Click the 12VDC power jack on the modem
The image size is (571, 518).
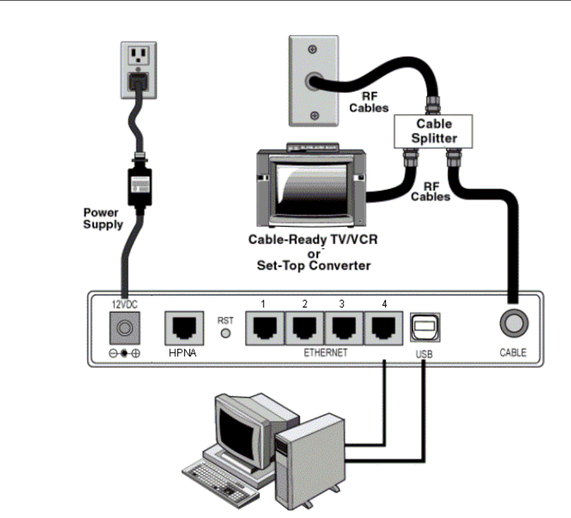click(x=125, y=328)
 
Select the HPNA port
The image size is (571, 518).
click(x=184, y=328)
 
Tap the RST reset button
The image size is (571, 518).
click(x=226, y=333)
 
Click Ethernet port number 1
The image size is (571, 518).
click(x=265, y=328)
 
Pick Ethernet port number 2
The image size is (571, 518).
click(x=305, y=328)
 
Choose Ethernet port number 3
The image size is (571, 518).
click(x=344, y=328)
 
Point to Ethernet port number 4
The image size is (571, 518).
click(x=383, y=328)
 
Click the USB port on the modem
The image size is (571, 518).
click(x=425, y=327)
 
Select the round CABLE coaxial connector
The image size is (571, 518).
click(x=514, y=323)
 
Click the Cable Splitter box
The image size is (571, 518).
click(x=433, y=131)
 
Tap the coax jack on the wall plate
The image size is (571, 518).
click(x=312, y=81)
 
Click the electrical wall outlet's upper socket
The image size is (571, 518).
click(x=138, y=56)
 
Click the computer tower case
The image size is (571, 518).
click(x=310, y=462)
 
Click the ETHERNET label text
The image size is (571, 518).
click(x=326, y=353)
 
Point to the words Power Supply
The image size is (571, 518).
click(x=103, y=218)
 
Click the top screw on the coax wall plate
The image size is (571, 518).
click(x=312, y=49)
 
